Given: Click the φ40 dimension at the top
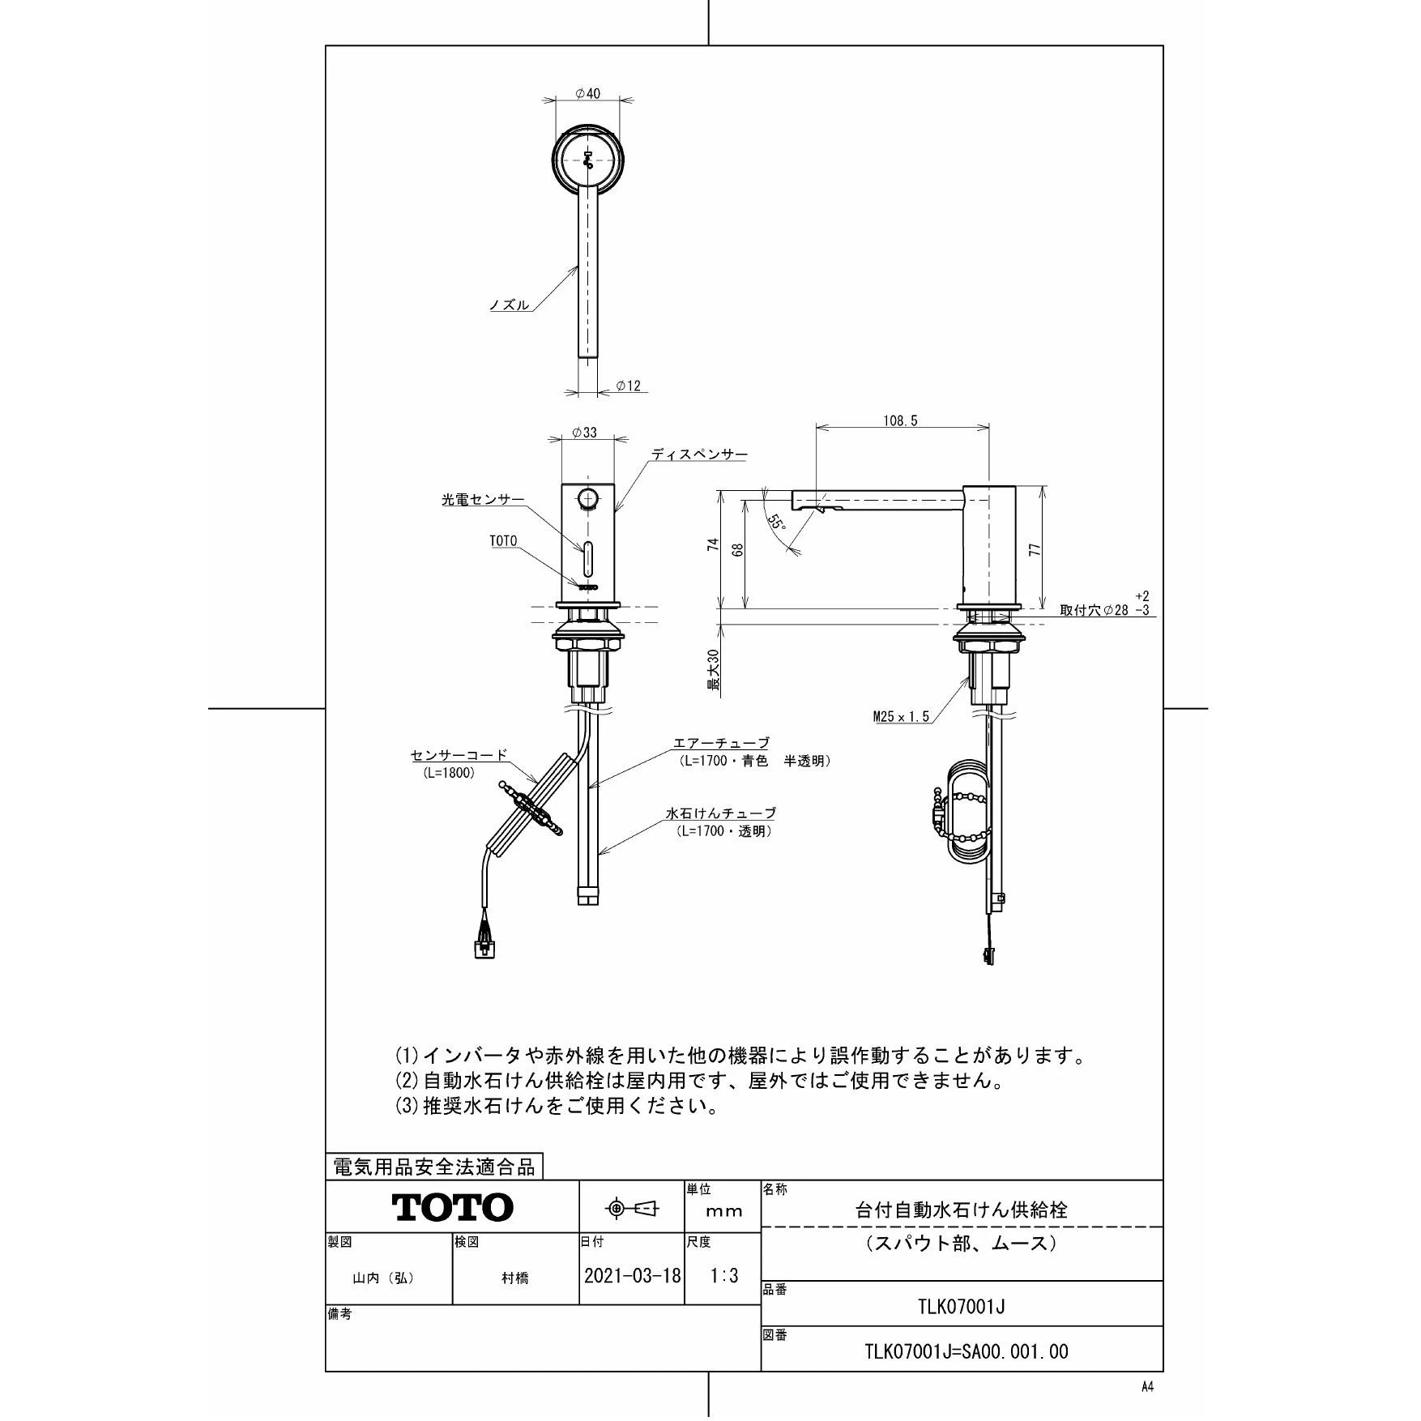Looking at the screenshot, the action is click(588, 94).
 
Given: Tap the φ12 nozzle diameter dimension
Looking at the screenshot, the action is click(629, 386).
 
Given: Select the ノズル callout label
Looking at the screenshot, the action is click(510, 305).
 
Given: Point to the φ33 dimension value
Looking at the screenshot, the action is click(584, 433).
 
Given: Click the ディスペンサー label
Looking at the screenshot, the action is click(700, 454).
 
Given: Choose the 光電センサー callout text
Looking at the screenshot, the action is click(483, 501).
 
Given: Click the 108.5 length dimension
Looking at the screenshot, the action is click(901, 420).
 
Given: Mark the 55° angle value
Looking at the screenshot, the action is click(776, 523).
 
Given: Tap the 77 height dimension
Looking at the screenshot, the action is click(1035, 548).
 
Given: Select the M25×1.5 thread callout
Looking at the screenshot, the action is click(901, 716).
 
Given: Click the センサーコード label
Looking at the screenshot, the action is click(459, 756).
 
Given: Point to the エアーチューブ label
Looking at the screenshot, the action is click(721, 743).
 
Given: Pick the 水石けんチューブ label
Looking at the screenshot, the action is click(721, 813).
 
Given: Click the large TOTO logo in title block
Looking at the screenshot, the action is click(453, 1208).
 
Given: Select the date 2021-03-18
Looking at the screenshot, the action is click(632, 1276).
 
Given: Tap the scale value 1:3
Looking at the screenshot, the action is click(724, 1276).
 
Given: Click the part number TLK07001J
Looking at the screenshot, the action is click(962, 1307).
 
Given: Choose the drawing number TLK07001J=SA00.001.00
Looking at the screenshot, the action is click(967, 1351).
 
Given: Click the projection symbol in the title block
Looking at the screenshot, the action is click(633, 1209).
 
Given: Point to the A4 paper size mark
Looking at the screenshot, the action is click(1147, 1386).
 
